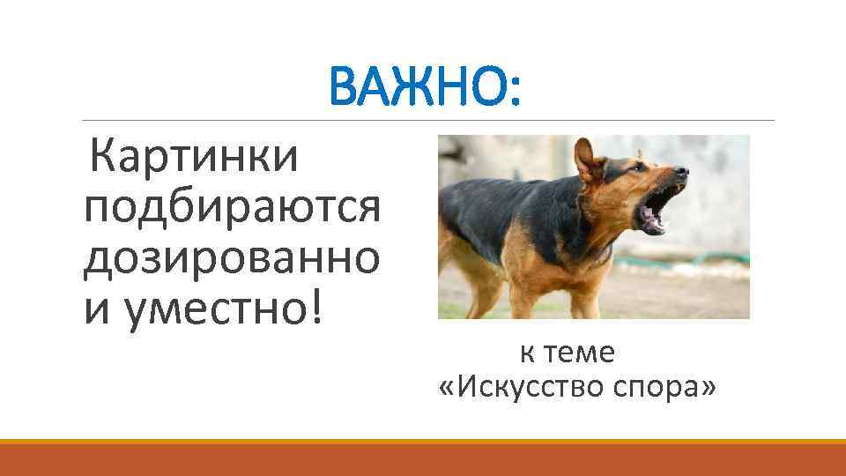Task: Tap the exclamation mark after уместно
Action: tap(318, 308)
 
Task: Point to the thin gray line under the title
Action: tap(264, 120)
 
